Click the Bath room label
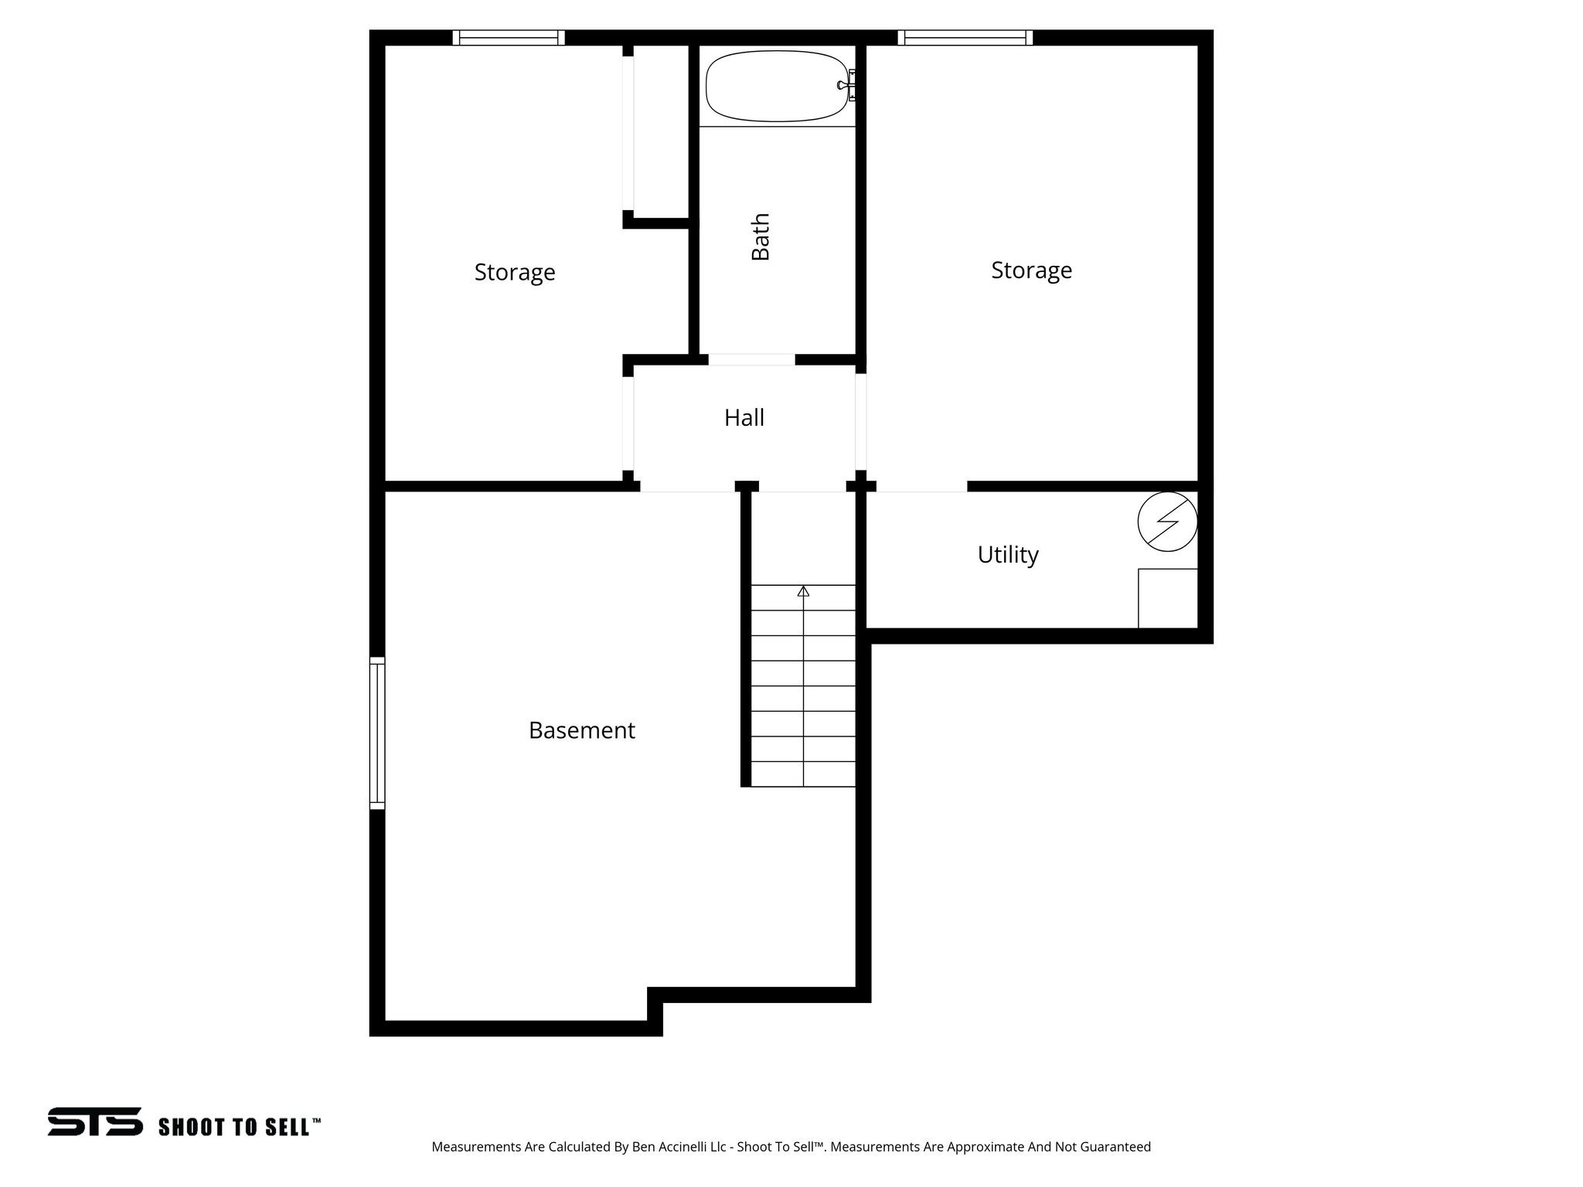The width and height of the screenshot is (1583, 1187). pos(761,236)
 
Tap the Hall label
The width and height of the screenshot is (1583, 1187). pos(744,418)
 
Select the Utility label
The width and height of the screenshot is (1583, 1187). pos(1008,555)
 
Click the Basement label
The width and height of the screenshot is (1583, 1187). pos(581,730)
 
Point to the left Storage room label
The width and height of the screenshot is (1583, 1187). pos(515,273)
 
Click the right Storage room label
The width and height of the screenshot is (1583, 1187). pos(1031,270)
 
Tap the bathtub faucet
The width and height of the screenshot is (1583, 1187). pos(847,85)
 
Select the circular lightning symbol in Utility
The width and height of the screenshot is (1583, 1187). pos(1167,522)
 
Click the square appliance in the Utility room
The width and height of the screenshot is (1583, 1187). pos(1167,598)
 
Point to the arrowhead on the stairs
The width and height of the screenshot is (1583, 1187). pos(803,591)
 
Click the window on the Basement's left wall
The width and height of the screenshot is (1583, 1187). pos(377,733)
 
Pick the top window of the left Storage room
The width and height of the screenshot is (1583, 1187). pos(509,38)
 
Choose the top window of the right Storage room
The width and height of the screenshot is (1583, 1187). pos(965,38)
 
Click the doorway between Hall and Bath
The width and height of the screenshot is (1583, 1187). pos(751,359)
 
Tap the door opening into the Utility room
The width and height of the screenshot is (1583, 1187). pos(921,486)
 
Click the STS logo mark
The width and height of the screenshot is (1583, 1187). pos(95,1121)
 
